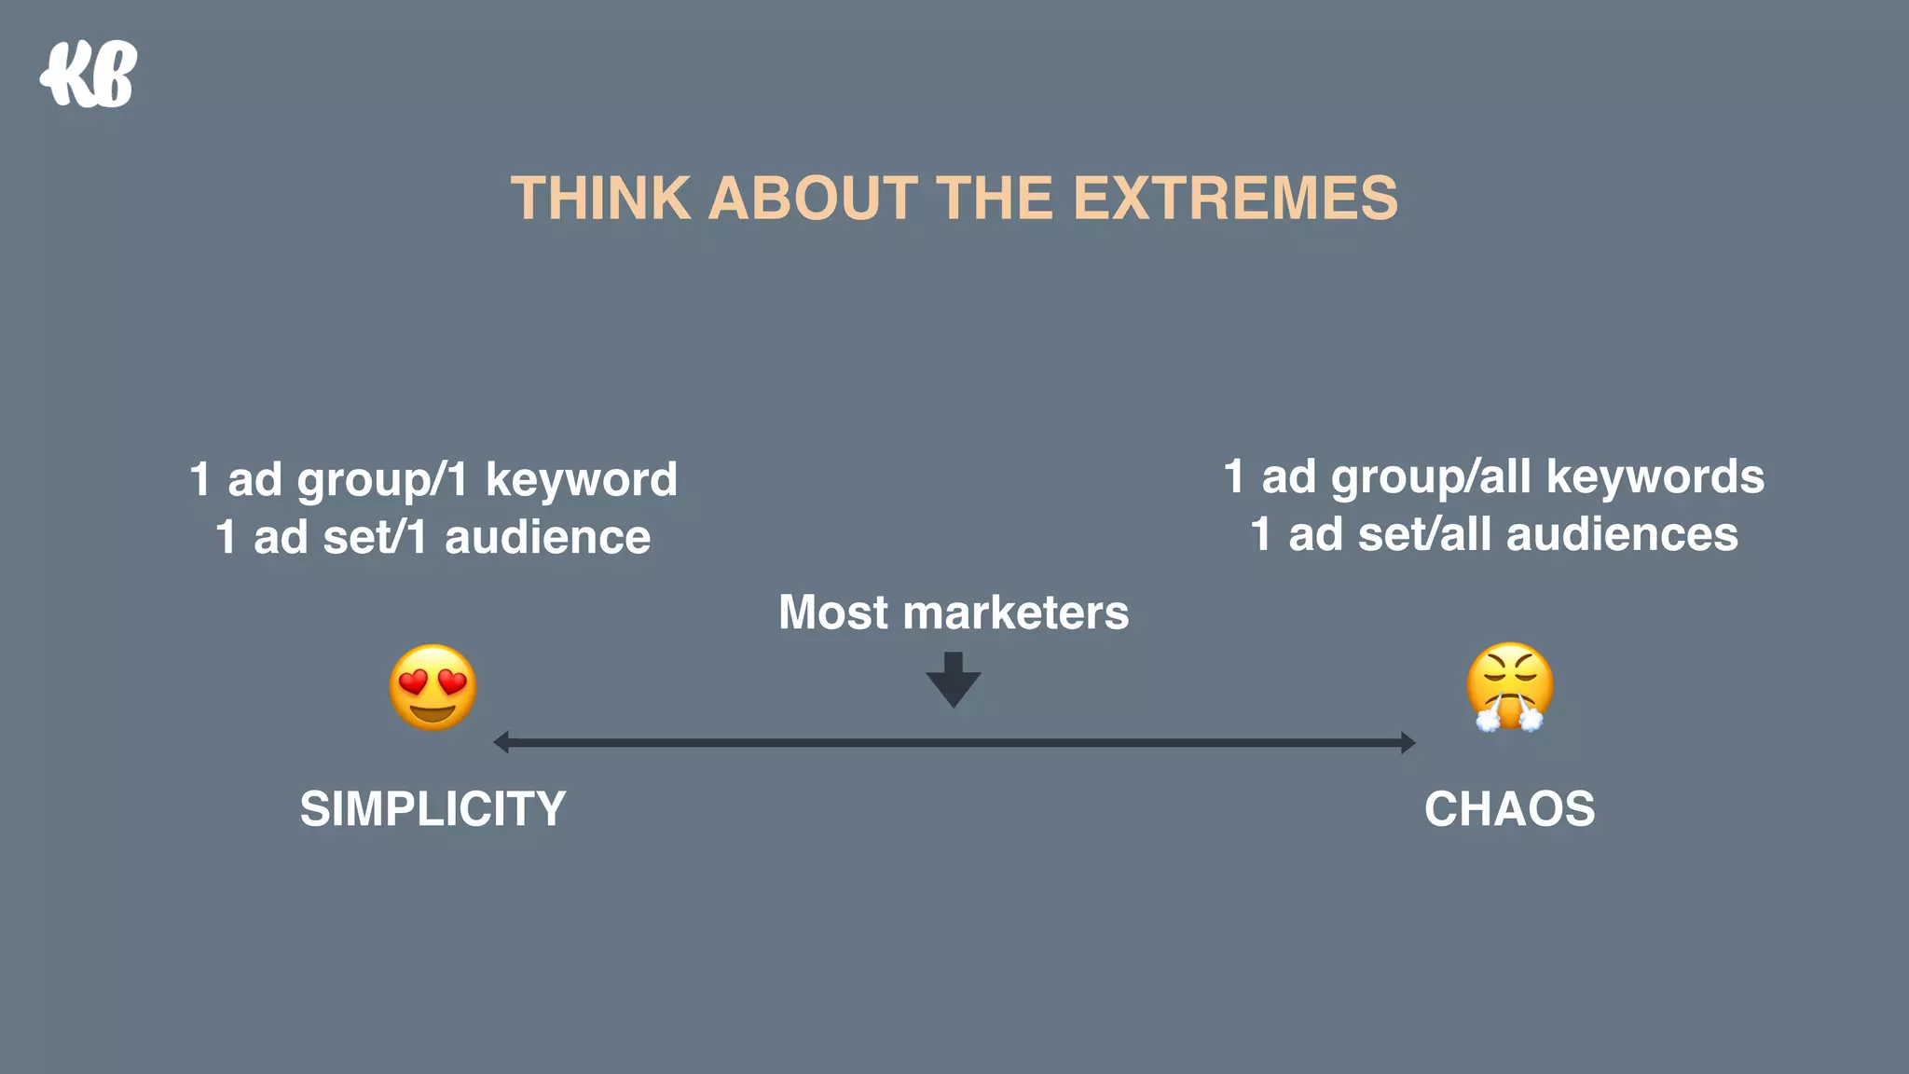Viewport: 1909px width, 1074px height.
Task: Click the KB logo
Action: [89, 75]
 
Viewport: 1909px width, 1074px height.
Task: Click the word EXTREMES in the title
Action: [1235, 199]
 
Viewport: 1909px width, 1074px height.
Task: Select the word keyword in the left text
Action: [582, 481]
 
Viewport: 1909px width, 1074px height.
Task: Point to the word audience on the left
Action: [547, 538]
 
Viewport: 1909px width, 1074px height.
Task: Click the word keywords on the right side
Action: [1655, 477]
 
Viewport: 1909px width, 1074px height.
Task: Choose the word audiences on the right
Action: [1622, 535]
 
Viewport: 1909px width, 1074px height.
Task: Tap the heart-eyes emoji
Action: [433, 688]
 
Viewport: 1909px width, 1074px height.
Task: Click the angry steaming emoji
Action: [1509, 687]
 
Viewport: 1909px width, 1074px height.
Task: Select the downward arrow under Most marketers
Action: [953, 681]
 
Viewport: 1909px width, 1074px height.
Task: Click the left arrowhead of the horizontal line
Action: [501, 742]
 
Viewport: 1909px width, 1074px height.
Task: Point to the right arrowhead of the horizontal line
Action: [1408, 742]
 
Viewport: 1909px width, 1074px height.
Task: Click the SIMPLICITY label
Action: [433, 808]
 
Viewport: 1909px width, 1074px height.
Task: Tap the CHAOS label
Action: [1509, 808]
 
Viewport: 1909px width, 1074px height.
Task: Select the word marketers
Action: [1016, 613]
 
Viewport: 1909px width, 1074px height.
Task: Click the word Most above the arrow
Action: [833, 613]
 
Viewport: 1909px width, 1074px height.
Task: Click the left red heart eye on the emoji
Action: [412, 683]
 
